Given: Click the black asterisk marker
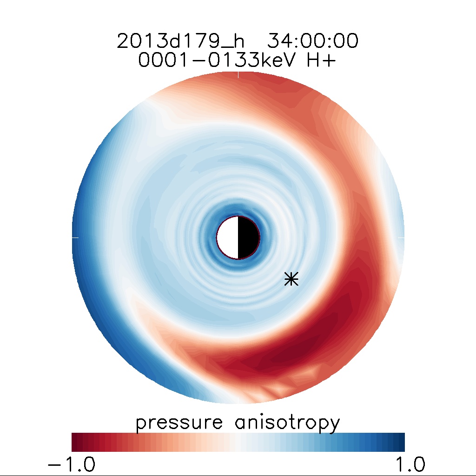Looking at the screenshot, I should [x=291, y=279].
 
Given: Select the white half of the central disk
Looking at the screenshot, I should [x=228, y=238].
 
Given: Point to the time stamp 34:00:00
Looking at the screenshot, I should [x=312, y=41].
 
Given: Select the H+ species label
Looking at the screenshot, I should [x=321, y=61].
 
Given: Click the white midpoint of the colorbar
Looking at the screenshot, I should [x=238, y=442].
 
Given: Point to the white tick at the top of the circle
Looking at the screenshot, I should [x=238, y=74].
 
